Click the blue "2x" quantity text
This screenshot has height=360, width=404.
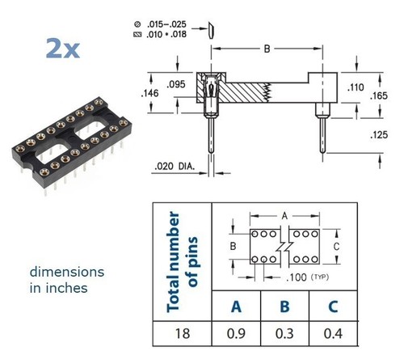[x=63, y=49]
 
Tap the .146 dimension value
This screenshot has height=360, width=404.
[x=149, y=93]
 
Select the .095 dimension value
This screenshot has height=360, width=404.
[x=176, y=84]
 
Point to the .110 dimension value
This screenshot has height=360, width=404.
[x=356, y=87]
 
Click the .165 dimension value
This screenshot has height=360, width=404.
[x=379, y=95]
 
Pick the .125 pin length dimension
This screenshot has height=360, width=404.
[x=379, y=135]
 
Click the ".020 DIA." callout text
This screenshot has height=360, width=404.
[x=175, y=167]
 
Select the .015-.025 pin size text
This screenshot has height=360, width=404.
[x=166, y=24]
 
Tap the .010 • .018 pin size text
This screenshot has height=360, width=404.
[x=166, y=35]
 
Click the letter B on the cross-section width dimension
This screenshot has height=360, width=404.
[x=267, y=49]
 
